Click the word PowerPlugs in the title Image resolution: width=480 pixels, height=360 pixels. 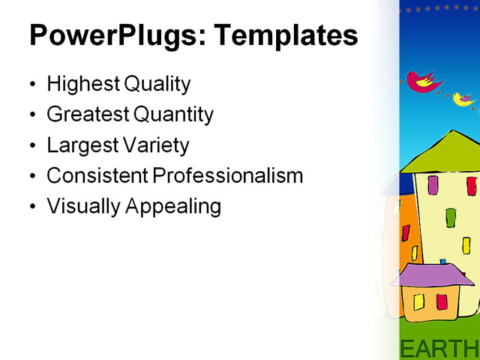pyautogui.click(x=106, y=36)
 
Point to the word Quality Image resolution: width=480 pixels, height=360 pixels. pyautogui.click(x=157, y=84)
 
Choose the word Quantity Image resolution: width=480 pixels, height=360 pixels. pyautogui.click(x=173, y=115)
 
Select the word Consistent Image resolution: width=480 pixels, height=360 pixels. pyautogui.click(x=97, y=175)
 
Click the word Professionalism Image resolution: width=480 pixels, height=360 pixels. pyautogui.click(x=227, y=175)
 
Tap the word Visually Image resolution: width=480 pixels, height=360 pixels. pyautogui.click(x=81, y=206)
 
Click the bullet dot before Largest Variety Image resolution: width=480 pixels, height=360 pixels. pyautogui.click(x=31, y=146)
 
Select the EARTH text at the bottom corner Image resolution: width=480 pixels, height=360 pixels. pyautogui.click(x=439, y=348)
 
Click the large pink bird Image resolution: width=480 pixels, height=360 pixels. pyautogui.click(x=423, y=81)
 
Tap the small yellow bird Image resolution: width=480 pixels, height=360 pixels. pyautogui.click(x=463, y=98)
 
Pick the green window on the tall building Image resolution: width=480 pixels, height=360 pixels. pyautogui.click(x=451, y=217)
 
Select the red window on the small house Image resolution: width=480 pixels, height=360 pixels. pyautogui.click(x=442, y=301)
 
